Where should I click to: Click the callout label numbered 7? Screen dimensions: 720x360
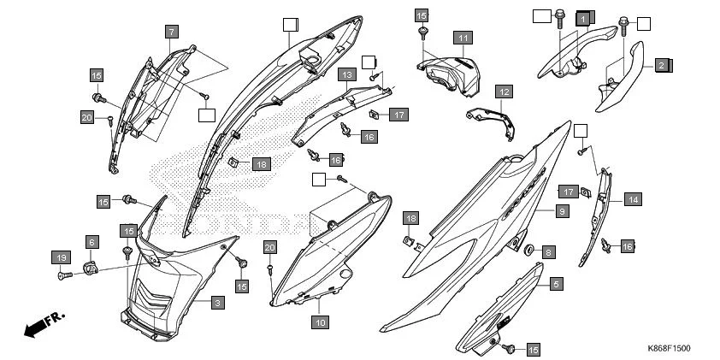172,32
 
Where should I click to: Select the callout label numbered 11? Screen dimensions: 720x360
462,38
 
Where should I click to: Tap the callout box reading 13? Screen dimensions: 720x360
345,75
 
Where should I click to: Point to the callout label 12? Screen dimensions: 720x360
504,91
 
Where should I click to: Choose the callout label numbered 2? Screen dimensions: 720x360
662,64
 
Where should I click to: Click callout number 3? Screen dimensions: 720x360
218,303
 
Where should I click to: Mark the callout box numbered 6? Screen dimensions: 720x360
91,243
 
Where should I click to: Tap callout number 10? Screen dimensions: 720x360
319,322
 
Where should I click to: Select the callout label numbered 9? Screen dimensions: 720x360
561,210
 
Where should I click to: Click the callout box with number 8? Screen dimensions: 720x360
548,252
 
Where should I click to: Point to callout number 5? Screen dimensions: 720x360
555,283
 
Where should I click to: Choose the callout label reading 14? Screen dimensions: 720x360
632,200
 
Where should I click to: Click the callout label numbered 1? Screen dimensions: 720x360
583,17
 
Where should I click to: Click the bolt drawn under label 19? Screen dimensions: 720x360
63,275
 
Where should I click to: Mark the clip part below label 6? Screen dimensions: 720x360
91,270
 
